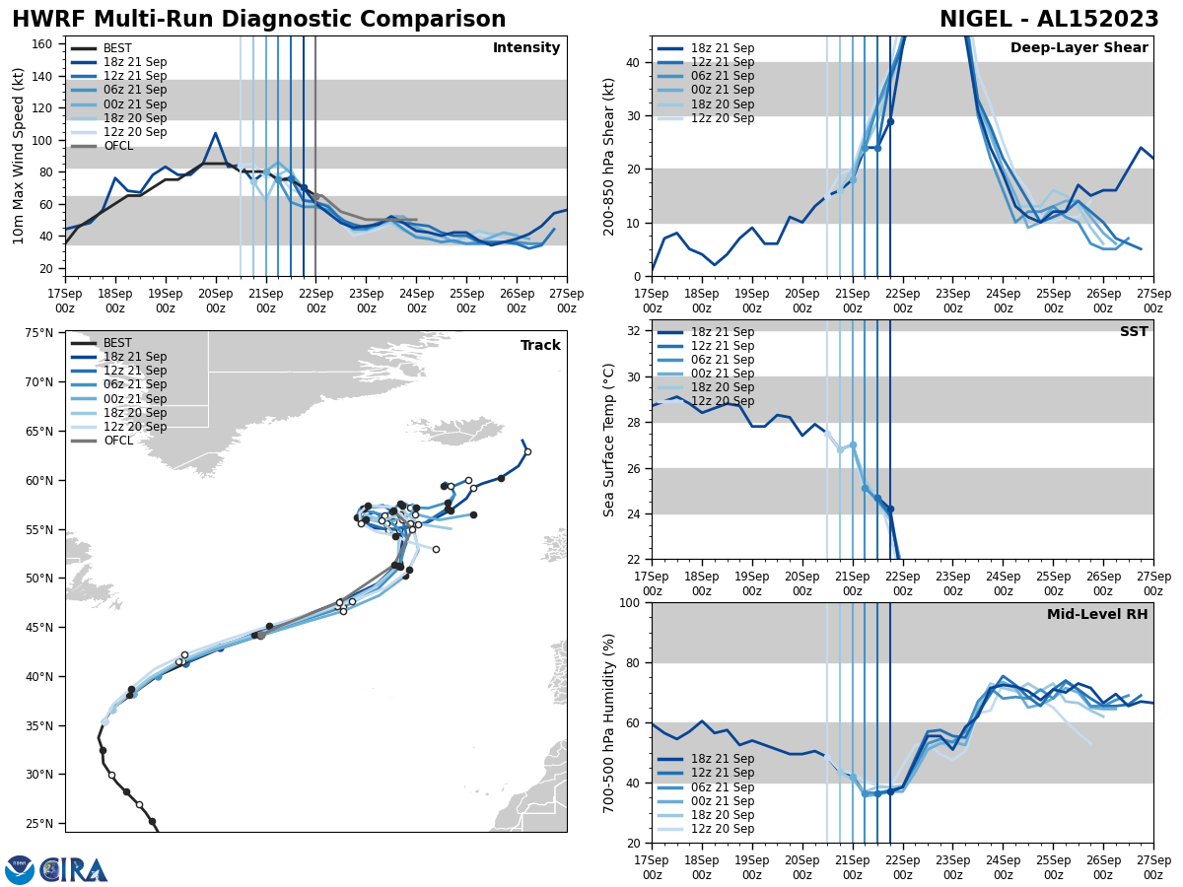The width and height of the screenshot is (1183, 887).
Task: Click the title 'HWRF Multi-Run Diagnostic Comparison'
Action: click(x=258, y=20)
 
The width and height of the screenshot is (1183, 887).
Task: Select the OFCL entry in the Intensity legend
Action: click(x=117, y=146)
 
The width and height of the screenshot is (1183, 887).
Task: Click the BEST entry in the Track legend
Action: click(x=117, y=343)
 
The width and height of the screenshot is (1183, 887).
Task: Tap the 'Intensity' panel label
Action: click(x=525, y=48)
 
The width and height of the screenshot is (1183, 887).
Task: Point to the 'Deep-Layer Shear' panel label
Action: click(x=1079, y=48)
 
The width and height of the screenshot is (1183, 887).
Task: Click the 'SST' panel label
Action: click(x=1133, y=332)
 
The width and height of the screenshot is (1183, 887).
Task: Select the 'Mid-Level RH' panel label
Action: click(x=1097, y=615)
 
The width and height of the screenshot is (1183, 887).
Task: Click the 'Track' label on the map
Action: click(x=540, y=346)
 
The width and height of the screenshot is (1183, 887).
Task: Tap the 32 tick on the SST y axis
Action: click(x=634, y=331)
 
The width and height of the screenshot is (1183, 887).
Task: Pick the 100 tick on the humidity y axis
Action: click(x=629, y=602)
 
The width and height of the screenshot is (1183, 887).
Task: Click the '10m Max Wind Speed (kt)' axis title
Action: click(x=19, y=156)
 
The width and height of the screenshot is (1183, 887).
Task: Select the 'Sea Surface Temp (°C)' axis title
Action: click(x=609, y=440)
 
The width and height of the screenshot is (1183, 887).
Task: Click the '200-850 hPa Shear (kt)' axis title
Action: click(x=609, y=156)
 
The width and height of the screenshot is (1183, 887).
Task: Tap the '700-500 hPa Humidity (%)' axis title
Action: click(x=609, y=722)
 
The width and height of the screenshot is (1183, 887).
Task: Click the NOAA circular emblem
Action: click(x=19, y=870)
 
